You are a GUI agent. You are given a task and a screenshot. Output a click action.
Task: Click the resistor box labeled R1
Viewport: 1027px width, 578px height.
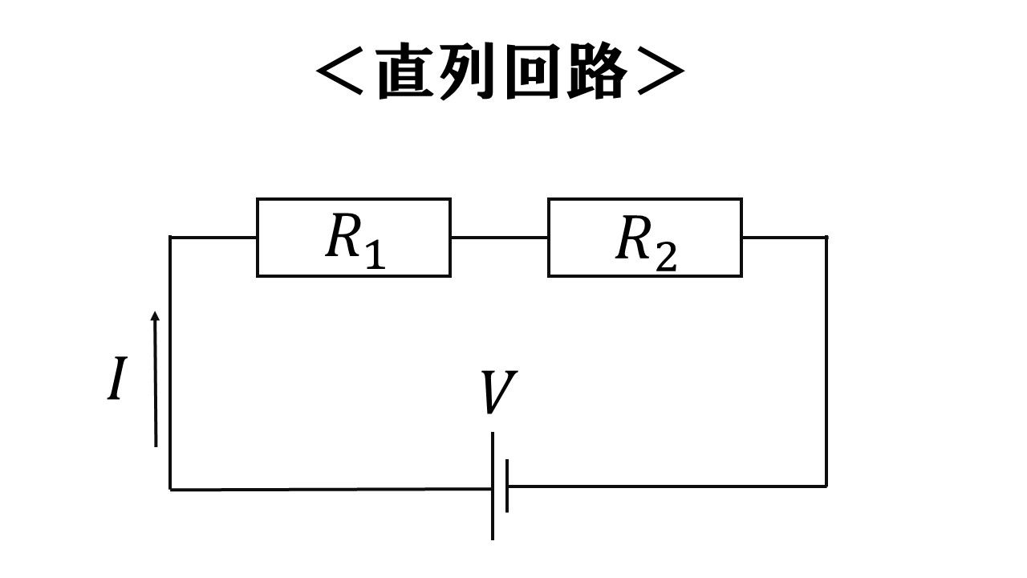[353, 238]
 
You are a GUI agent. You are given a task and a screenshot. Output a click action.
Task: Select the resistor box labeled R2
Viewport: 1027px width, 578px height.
[644, 238]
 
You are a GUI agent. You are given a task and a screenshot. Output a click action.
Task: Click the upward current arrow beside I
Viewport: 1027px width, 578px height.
[155, 377]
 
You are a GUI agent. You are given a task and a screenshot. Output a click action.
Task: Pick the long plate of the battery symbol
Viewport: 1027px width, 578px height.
[493, 486]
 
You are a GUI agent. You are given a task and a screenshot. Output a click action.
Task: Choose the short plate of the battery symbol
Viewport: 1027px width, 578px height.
[507, 486]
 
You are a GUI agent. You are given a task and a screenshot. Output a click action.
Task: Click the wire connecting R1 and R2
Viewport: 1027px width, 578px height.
[499, 238]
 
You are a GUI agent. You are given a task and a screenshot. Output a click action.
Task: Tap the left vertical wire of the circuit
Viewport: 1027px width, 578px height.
[170, 361]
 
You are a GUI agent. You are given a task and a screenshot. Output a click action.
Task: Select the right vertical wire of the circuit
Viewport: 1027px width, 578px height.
[826, 361]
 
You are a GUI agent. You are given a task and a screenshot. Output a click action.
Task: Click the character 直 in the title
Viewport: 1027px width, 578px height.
[404, 72]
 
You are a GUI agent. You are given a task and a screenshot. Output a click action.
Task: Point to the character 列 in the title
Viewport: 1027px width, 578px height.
[467, 72]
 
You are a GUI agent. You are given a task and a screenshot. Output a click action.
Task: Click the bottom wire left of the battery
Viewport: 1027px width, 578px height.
[329, 488]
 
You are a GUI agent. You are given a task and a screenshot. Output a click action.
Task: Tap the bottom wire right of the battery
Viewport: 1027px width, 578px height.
[666, 486]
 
